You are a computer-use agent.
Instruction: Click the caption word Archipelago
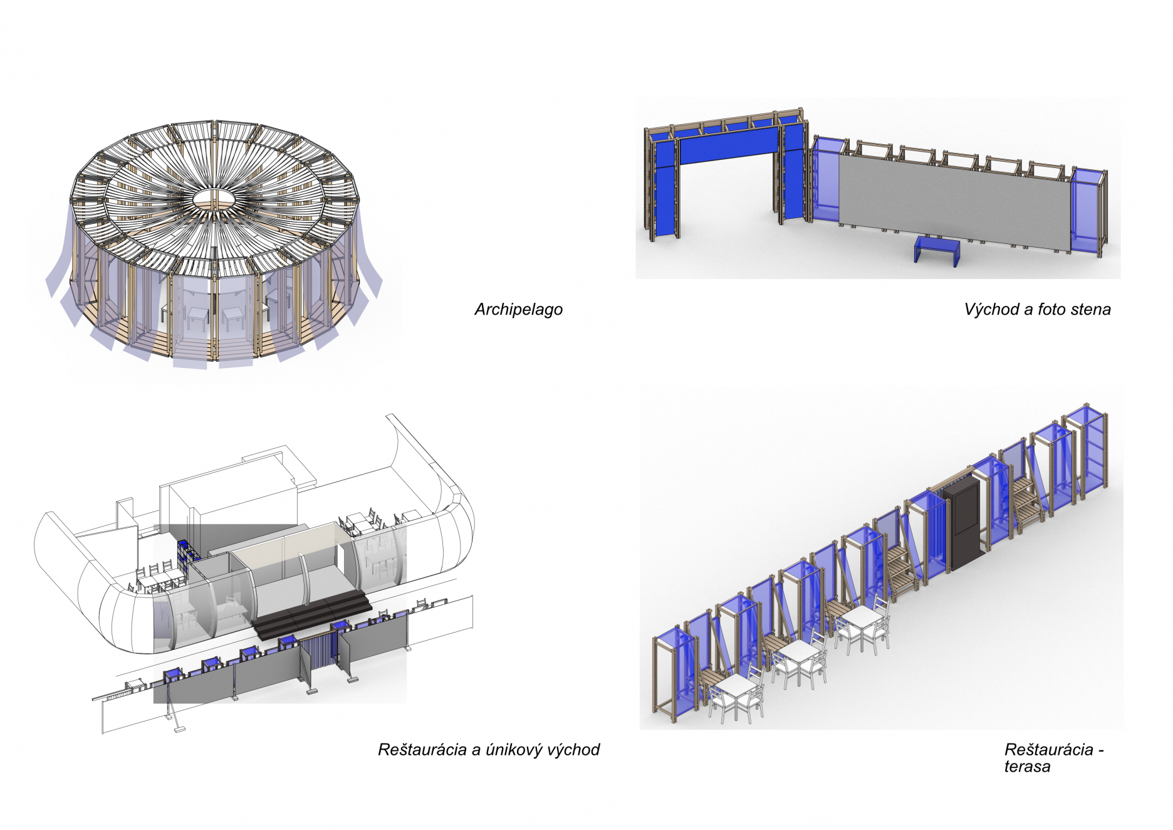518,310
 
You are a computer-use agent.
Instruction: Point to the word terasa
1027,767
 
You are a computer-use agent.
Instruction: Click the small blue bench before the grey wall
937,249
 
